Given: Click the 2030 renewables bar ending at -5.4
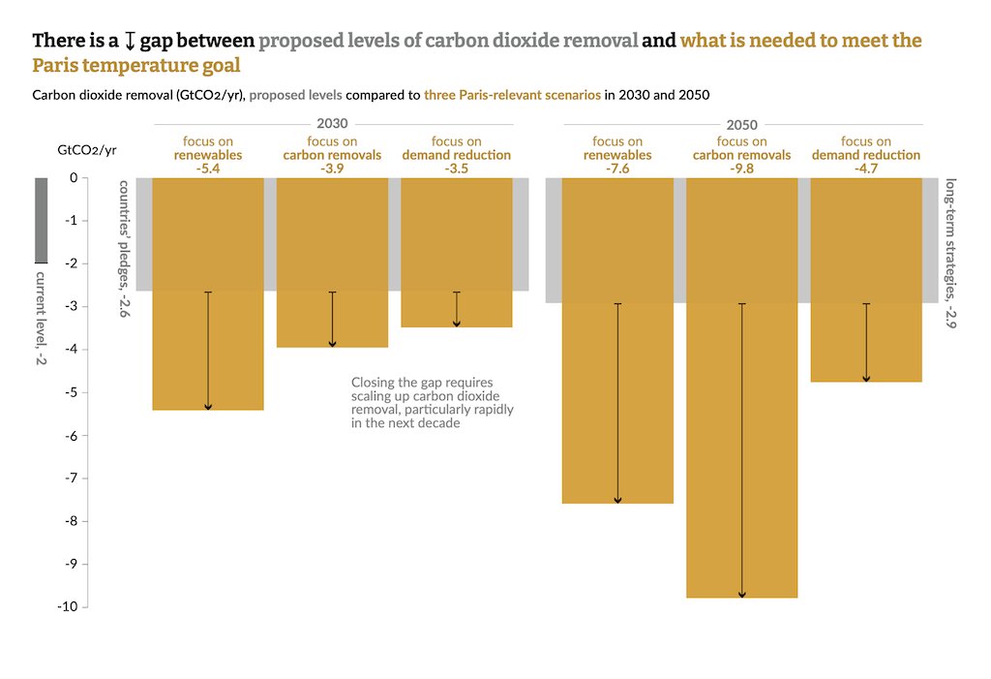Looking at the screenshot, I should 208,349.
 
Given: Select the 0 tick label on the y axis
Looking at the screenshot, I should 72,178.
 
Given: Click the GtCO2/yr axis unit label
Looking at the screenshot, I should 87,150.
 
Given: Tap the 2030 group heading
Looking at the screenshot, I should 332,125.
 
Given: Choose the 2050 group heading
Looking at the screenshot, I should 742,125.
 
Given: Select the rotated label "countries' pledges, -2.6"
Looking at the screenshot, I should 125,250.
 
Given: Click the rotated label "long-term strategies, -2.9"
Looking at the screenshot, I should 950,254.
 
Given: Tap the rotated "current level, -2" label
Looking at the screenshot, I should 41,318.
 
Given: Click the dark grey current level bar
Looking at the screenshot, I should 41,220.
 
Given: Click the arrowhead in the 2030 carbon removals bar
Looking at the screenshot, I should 332,343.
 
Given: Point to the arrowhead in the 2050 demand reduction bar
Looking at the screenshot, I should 866,378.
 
